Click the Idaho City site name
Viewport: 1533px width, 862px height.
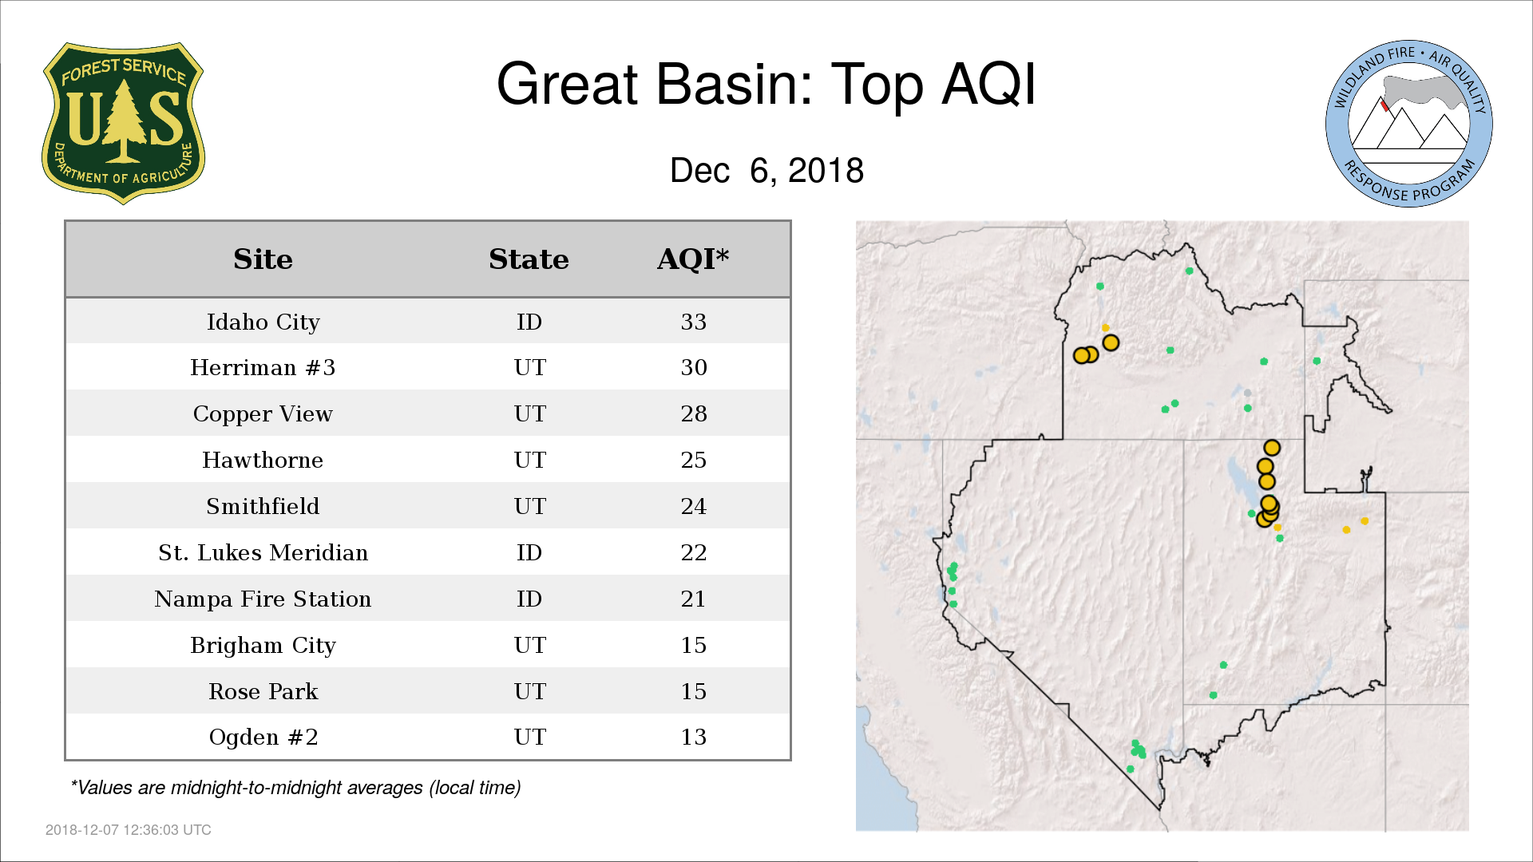point(263,322)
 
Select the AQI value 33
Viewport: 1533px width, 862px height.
point(693,322)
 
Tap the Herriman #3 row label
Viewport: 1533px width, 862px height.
point(263,367)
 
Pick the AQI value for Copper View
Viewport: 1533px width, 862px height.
point(693,413)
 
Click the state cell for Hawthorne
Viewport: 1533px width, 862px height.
point(529,460)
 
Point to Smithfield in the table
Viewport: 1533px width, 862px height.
point(263,506)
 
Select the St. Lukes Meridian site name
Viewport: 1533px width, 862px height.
point(263,552)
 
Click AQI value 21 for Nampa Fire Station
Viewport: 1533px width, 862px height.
point(693,599)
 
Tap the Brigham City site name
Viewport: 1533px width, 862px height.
point(263,645)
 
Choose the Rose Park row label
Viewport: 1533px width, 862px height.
point(263,691)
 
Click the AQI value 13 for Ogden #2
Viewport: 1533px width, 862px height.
point(693,737)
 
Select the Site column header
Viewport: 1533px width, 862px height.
point(263,259)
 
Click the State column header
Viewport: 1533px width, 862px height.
point(529,259)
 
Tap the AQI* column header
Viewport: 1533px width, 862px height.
point(693,259)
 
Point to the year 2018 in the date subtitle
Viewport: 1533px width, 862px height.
point(826,170)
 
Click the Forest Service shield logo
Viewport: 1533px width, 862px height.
point(123,123)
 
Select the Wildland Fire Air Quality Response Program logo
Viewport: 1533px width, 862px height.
point(1409,124)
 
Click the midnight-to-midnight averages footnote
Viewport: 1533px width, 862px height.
point(295,788)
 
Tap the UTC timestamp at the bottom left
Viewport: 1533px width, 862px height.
point(129,830)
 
